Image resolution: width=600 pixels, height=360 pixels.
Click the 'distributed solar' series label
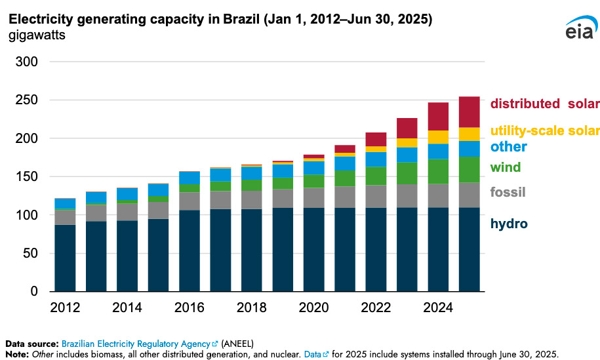click(544, 104)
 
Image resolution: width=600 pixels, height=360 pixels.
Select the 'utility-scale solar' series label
click(544, 131)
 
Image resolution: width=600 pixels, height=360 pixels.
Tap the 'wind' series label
click(506, 167)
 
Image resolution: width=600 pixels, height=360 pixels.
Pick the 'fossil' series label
click(508, 192)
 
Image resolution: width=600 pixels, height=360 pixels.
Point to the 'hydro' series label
click(509, 224)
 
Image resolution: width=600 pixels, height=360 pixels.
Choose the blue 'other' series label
click(508, 146)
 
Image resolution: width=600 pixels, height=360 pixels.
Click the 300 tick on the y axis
click(29, 62)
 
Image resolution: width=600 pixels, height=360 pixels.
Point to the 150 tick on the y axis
click(29, 177)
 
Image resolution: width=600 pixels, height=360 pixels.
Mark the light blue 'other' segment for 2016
click(189, 178)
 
